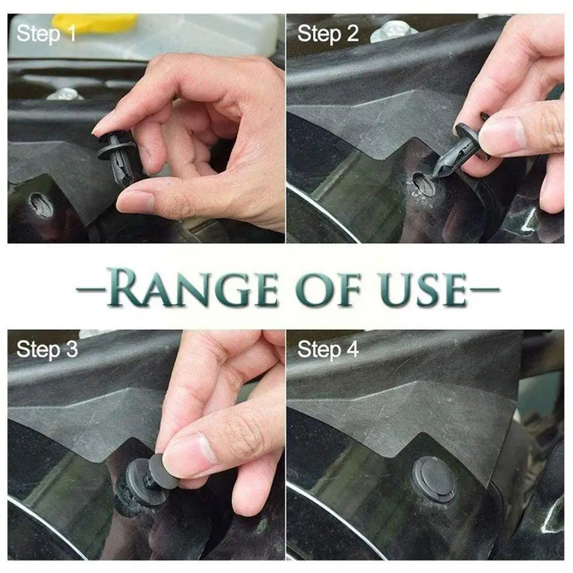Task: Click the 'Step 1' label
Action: (x=46, y=34)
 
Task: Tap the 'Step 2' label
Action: (x=328, y=34)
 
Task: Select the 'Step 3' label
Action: (x=47, y=350)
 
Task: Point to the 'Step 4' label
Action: (x=328, y=350)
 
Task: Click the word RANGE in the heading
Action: (x=192, y=289)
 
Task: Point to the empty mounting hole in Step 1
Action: (x=41, y=205)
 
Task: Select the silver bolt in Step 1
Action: (x=66, y=94)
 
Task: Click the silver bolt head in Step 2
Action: (x=393, y=31)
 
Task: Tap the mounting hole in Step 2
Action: (x=424, y=184)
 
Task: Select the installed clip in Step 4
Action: (x=434, y=478)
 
